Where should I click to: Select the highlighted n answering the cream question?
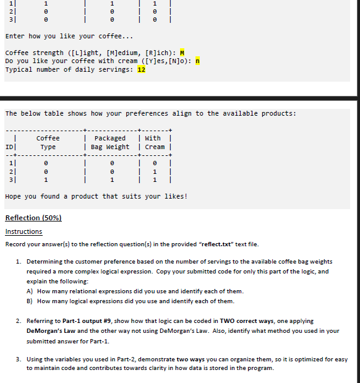coord(198,61)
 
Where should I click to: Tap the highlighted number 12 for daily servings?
coord(141,69)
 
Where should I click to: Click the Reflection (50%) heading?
coord(33,218)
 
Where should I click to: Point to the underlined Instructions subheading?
coord(24,231)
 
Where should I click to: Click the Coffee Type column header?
coord(48,142)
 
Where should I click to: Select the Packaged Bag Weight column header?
coord(110,142)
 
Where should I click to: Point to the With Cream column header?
coord(153,142)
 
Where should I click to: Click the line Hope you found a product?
coord(96,196)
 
